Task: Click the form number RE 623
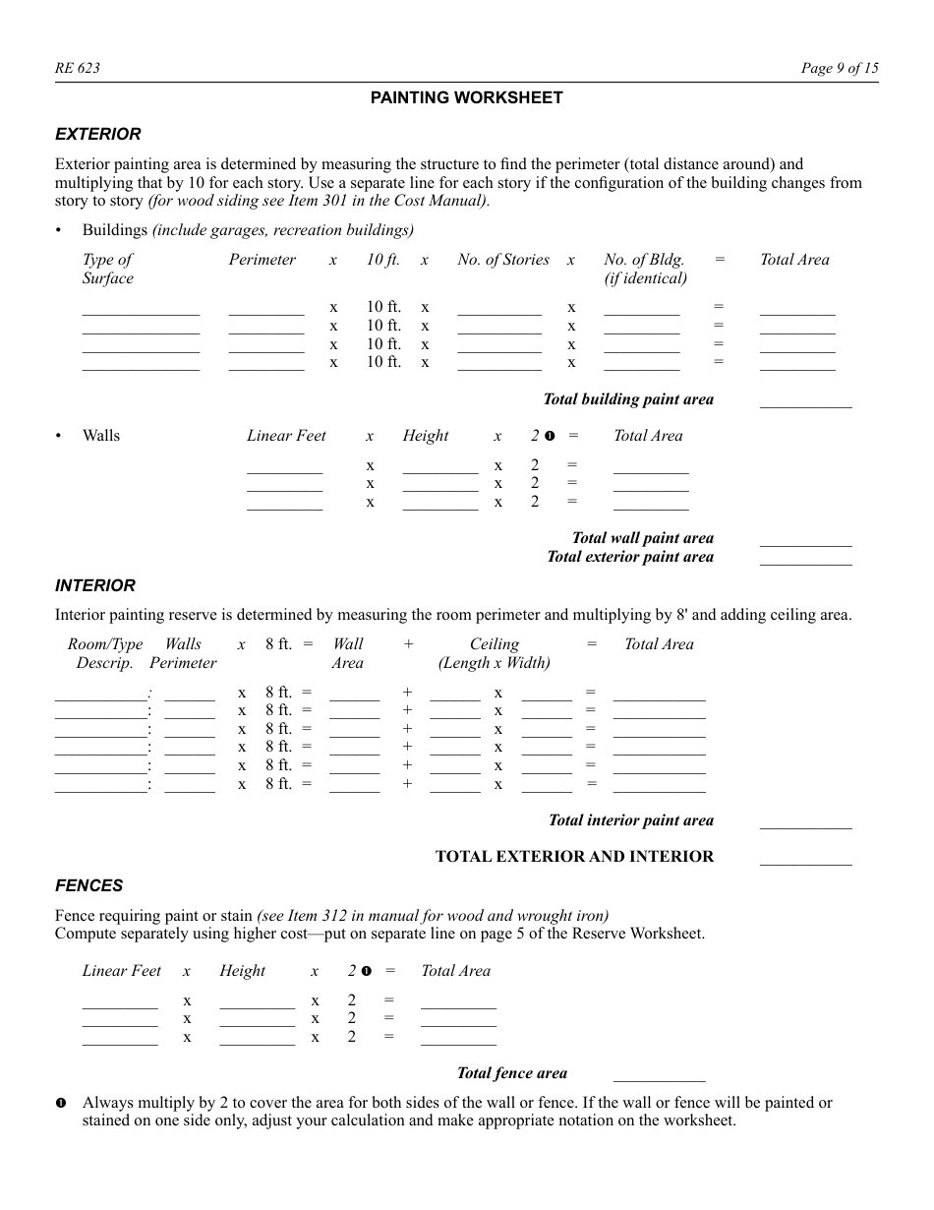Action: [x=78, y=68]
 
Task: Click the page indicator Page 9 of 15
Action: [x=839, y=68]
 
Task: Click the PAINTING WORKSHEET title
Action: [x=466, y=97]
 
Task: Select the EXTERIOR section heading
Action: [x=98, y=134]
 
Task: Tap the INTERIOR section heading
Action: [x=95, y=585]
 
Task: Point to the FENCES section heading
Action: [x=89, y=885]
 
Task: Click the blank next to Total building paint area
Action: [x=805, y=401]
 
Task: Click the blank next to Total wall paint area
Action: [x=805, y=539]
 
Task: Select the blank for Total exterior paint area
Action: [x=805, y=558]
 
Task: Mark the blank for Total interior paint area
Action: [x=805, y=822]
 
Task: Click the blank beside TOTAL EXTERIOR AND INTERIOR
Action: [x=805, y=858]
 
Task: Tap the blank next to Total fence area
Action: [x=659, y=1075]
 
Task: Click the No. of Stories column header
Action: [x=503, y=260]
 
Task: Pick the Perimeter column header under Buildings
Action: [x=263, y=260]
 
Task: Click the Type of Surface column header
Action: [x=108, y=269]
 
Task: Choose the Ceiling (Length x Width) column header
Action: [x=494, y=653]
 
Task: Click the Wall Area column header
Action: [x=348, y=653]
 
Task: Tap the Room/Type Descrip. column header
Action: [x=105, y=653]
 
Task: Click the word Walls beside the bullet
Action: [x=101, y=436]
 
